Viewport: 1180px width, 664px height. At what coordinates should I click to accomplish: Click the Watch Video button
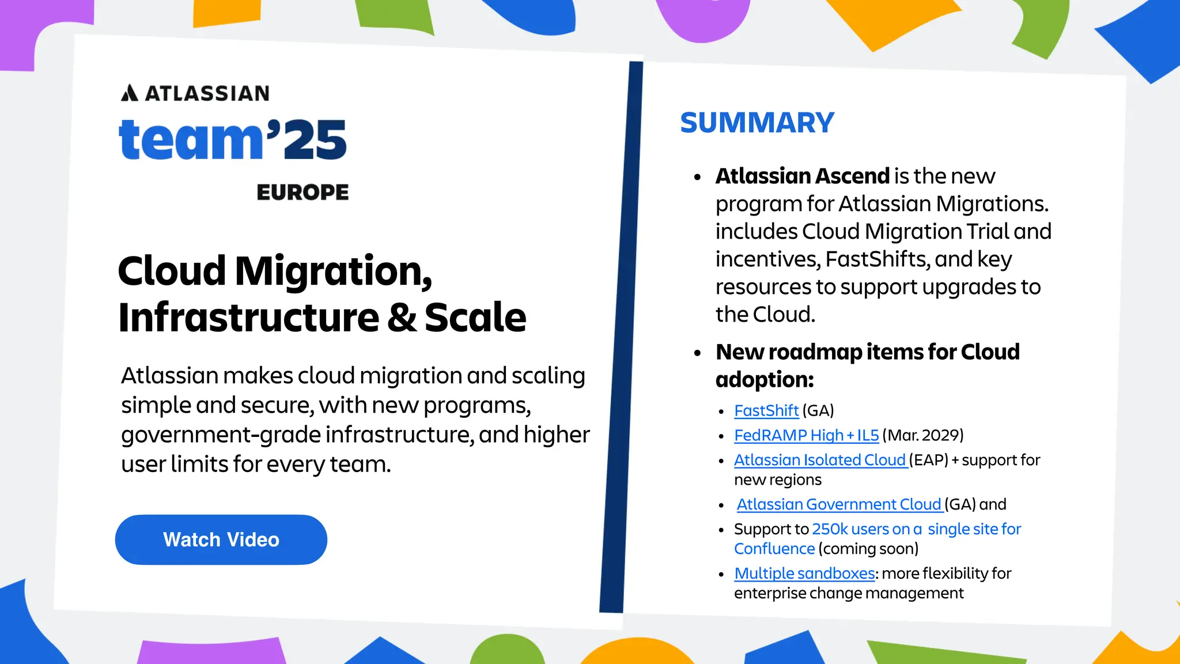[x=221, y=539]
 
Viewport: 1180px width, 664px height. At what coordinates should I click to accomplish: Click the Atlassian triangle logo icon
[x=130, y=93]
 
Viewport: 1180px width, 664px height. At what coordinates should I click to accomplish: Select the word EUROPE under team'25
[x=302, y=193]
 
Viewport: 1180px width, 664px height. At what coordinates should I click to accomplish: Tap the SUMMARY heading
[x=757, y=123]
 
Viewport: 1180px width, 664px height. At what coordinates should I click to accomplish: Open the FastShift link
[x=766, y=411]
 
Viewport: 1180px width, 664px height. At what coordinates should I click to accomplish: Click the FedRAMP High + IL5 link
[x=806, y=436]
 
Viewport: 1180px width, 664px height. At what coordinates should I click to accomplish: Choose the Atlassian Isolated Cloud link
[x=820, y=461]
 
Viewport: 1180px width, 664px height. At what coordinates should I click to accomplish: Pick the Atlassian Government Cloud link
[x=839, y=505]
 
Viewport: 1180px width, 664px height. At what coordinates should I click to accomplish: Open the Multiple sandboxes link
[x=804, y=574]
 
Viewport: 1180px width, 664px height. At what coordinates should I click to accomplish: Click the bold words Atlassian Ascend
[x=803, y=176]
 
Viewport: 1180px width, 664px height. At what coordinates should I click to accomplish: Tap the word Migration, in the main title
[x=333, y=271]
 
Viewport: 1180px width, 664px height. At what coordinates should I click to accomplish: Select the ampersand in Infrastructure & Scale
[x=402, y=318]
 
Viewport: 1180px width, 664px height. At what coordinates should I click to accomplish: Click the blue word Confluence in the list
[x=774, y=549]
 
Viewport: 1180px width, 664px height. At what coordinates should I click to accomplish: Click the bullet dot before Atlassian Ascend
[x=698, y=178]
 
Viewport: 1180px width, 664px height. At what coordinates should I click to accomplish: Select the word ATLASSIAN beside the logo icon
[x=207, y=93]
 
